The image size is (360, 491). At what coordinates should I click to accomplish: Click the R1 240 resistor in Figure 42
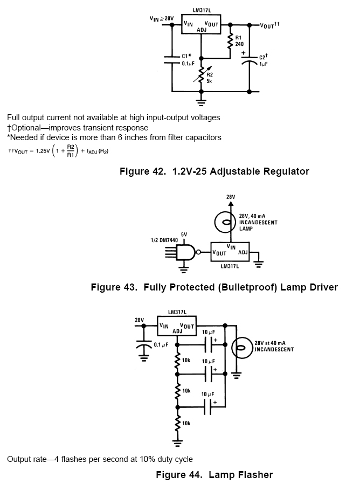click(x=231, y=42)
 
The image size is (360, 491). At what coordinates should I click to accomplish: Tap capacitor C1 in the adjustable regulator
click(x=171, y=59)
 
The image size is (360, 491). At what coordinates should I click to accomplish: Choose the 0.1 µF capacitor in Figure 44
click(x=144, y=345)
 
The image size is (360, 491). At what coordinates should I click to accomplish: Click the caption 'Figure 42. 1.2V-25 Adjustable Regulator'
click(x=214, y=171)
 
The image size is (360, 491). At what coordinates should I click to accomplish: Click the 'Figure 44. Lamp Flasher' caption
click(x=214, y=475)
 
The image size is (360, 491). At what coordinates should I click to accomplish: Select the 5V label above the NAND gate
click(x=184, y=234)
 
